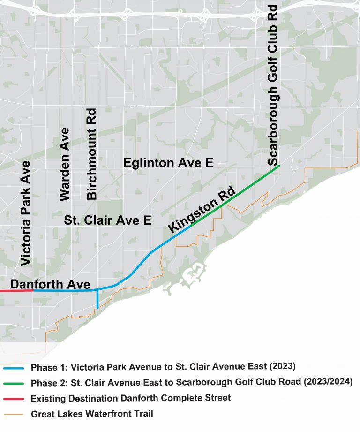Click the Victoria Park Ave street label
(x=26, y=213)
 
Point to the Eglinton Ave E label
(x=168, y=163)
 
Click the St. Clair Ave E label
(x=108, y=220)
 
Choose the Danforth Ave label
(x=50, y=284)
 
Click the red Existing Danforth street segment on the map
(x=16, y=291)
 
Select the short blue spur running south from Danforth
(x=97, y=300)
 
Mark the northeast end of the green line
(x=278, y=166)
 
